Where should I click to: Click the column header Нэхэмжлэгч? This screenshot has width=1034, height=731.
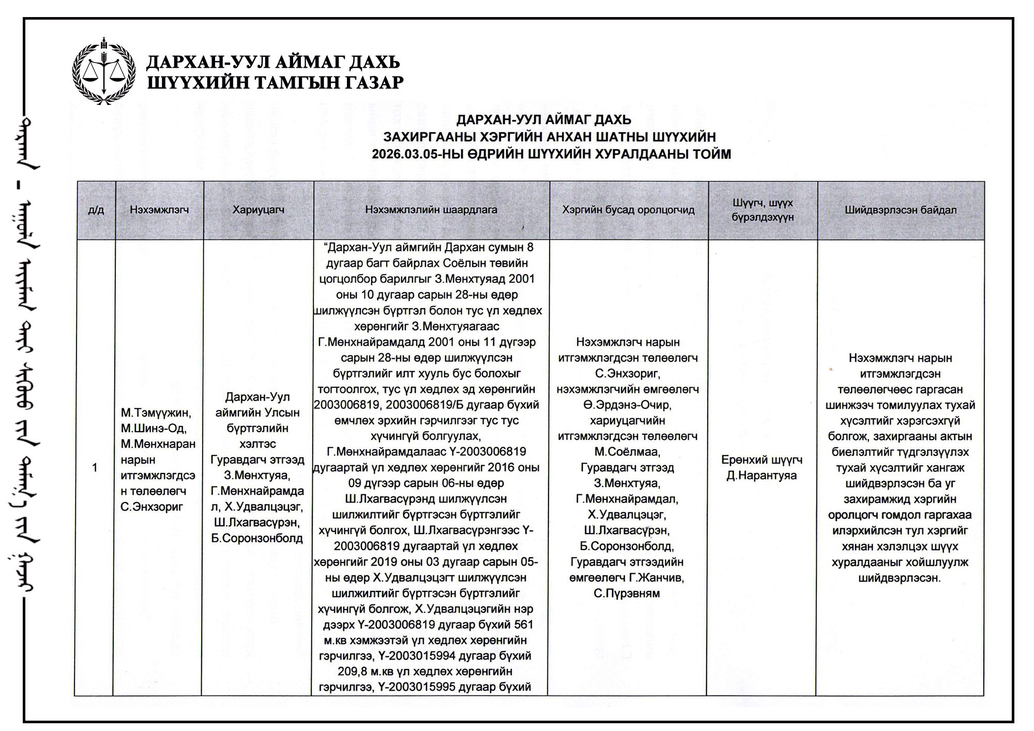[159, 210]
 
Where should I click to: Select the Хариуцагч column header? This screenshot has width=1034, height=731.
[258, 210]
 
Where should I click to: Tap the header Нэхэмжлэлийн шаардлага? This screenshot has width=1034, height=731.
[431, 210]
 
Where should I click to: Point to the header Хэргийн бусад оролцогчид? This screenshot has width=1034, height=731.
[628, 210]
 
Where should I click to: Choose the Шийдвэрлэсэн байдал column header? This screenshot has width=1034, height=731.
[901, 210]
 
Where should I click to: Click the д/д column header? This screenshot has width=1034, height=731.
[96, 210]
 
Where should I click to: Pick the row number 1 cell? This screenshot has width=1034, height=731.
[95, 468]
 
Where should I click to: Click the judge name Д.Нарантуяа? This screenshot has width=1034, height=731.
[762, 476]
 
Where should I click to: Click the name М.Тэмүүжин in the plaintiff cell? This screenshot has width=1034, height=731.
[156, 413]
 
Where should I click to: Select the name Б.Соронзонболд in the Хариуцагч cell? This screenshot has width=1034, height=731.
[257, 538]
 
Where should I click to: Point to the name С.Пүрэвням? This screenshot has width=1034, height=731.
[627, 593]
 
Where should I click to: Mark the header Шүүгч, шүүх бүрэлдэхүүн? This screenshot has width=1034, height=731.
[762, 210]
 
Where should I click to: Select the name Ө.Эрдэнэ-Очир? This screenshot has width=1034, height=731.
[627, 405]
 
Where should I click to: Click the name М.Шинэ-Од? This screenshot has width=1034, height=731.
[154, 428]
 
